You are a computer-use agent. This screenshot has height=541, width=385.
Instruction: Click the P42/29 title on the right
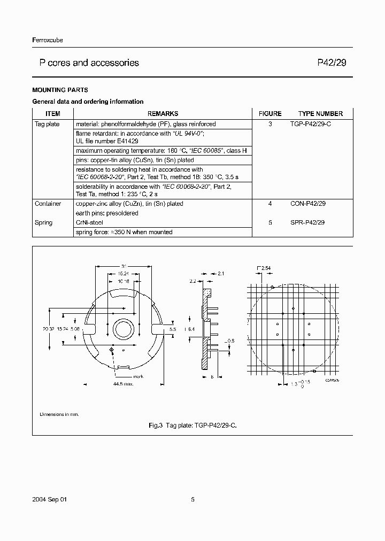coord(332,63)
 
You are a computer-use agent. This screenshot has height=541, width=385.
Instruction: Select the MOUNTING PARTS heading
coord(60,90)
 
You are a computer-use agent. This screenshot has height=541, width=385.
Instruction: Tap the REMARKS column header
coord(163,113)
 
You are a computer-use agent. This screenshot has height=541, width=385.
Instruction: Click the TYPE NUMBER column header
coord(320,113)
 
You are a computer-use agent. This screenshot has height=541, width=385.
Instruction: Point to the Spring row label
coord(44,222)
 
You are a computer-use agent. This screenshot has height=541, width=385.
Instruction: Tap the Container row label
coord(48,204)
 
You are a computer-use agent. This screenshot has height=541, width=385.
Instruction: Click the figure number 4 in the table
coord(270,204)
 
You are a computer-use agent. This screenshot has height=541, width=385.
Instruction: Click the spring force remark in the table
coord(124,232)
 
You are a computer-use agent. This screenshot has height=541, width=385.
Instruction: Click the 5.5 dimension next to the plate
coord(173,330)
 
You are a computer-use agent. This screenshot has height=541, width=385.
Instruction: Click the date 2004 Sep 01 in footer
coord(49,499)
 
